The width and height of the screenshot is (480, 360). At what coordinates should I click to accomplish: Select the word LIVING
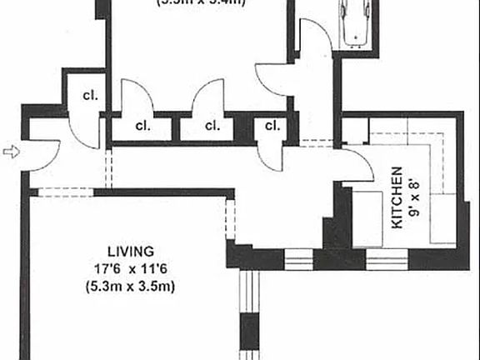(x=130, y=251)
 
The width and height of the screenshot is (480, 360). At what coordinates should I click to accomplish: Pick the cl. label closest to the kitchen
(x=272, y=126)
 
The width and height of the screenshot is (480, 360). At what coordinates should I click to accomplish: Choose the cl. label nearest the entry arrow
(x=88, y=95)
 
